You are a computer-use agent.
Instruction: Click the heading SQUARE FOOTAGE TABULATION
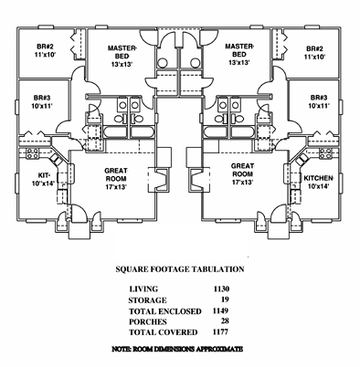[x=179, y=270]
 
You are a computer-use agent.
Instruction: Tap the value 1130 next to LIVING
[x=220, y=288]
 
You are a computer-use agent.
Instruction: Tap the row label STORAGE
[x=148, y=299]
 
